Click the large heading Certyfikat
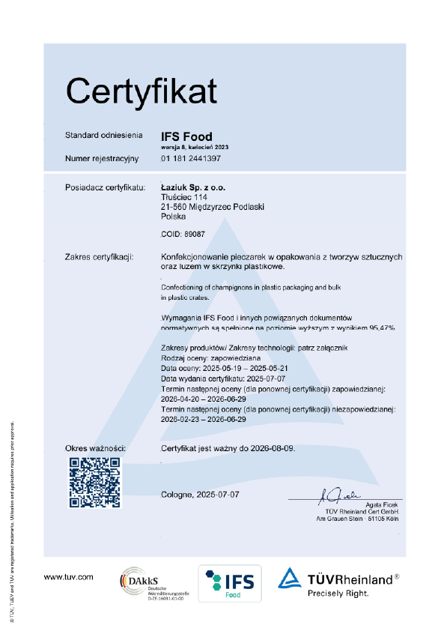pos(141,91)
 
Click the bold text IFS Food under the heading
pos(186,136)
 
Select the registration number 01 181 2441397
pos(191,159)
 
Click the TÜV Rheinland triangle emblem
pos(291,579)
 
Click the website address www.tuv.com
pos(68,576)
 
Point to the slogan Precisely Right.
pos(338,594)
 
